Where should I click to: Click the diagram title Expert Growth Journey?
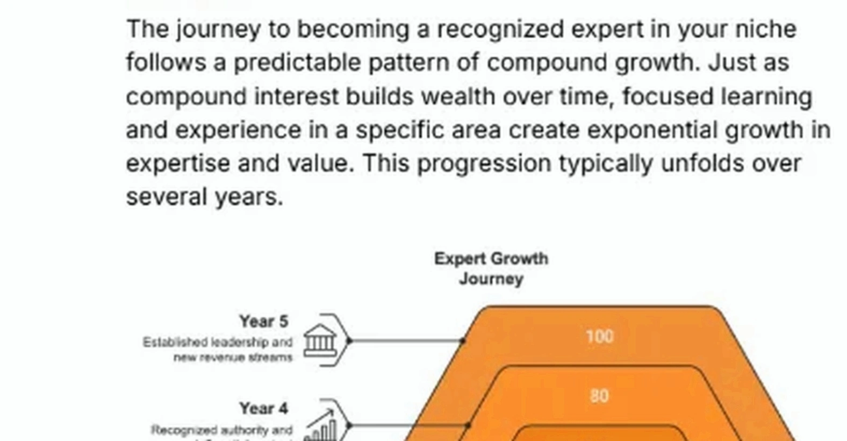coord(491,268)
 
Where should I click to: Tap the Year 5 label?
coord(263,321)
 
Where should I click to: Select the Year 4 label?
coord(263,408)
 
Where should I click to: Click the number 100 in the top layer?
coord(599,337)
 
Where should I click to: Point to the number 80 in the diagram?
coord(599,396)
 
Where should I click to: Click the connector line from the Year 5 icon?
coord(406,340)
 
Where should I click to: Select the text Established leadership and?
coord(218,343)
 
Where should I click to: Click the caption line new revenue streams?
coord(233,358)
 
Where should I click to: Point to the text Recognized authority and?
coord(222,430)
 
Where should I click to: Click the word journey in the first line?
coord(218,29)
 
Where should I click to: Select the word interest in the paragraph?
coord(296,96)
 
